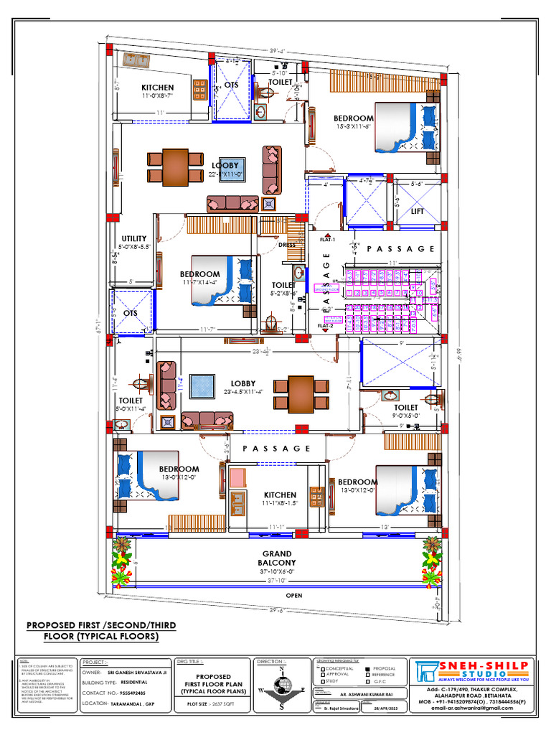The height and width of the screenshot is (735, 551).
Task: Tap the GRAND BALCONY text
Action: tap(276, 558)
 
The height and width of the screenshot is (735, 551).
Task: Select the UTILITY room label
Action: tap(133, 238)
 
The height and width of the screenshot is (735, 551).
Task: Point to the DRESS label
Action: tap(287, 245)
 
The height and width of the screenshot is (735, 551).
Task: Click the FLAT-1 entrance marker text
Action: tap(327, 239)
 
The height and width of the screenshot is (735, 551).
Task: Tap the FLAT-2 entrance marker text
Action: tap(327, 325)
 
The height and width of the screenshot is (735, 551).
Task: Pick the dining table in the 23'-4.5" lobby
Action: tap(301, 393)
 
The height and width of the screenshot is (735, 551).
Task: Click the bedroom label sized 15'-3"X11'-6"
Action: tap(353, 118)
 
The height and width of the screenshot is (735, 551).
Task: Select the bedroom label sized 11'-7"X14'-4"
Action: tap(199, 274)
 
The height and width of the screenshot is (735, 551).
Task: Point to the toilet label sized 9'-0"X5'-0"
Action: tap(405, 407)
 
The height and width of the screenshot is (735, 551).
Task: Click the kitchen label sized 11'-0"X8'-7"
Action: tap(157, 88)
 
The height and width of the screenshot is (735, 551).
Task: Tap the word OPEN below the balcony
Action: tap(293, 595)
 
